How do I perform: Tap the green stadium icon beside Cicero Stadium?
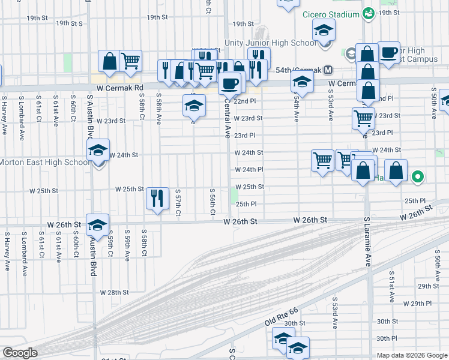click(x=369, y=13)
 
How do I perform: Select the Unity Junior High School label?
click(x=270, y=43)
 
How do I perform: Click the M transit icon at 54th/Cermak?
click(x=328, y=70)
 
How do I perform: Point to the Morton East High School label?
click(x=43, y=162)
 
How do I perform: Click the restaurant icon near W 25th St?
click(x=157, y=198)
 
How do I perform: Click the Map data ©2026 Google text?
click(x=411, y=355)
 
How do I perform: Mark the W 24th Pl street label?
click(x=249, y=169)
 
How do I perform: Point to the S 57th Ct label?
click(x=178, y=202)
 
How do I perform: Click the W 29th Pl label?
click(x=414, y=304)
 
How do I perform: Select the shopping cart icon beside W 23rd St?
click(x=363, y=118)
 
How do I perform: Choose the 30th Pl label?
click(x=387, y=338)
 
